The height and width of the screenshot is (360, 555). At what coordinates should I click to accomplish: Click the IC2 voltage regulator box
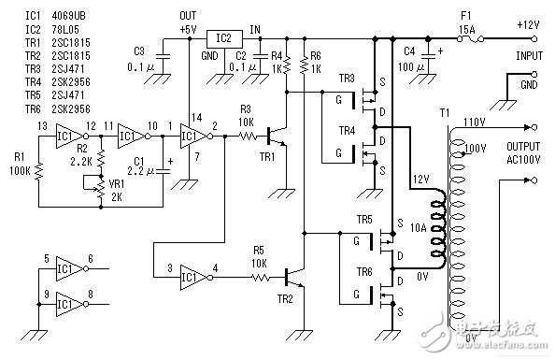tap(224, 38)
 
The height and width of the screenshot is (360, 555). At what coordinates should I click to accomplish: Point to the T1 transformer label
tap(447, 112)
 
